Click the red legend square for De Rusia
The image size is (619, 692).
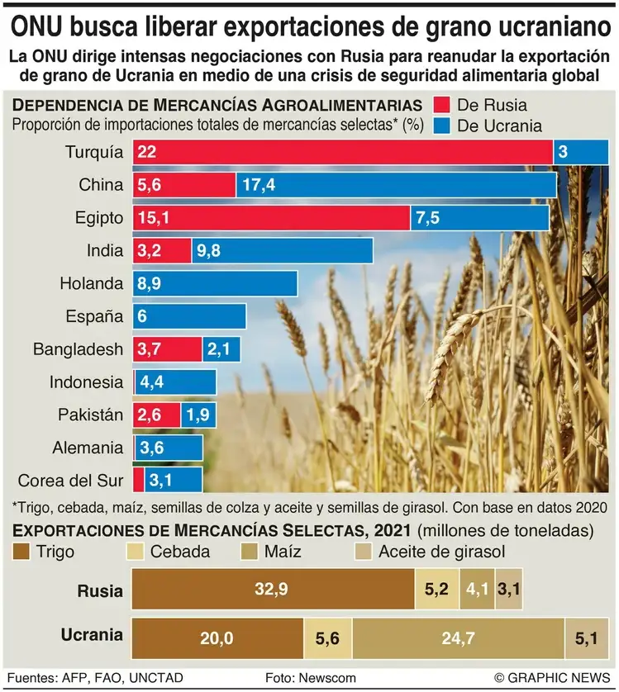click(x=440, y=105)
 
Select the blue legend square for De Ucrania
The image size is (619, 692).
click(x=440, y=126)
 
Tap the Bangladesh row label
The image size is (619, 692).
click(x=78, y=349)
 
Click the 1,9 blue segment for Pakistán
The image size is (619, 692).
click(x=199, y=415)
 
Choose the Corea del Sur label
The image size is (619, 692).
click(x=70, y=481)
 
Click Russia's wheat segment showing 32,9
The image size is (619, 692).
click(x=274, y=590)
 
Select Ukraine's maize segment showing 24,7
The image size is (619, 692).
click(x=458, y=636)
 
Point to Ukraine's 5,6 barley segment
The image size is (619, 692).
click(x=327, y=636)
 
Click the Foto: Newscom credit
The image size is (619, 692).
click(x=311, y=677)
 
